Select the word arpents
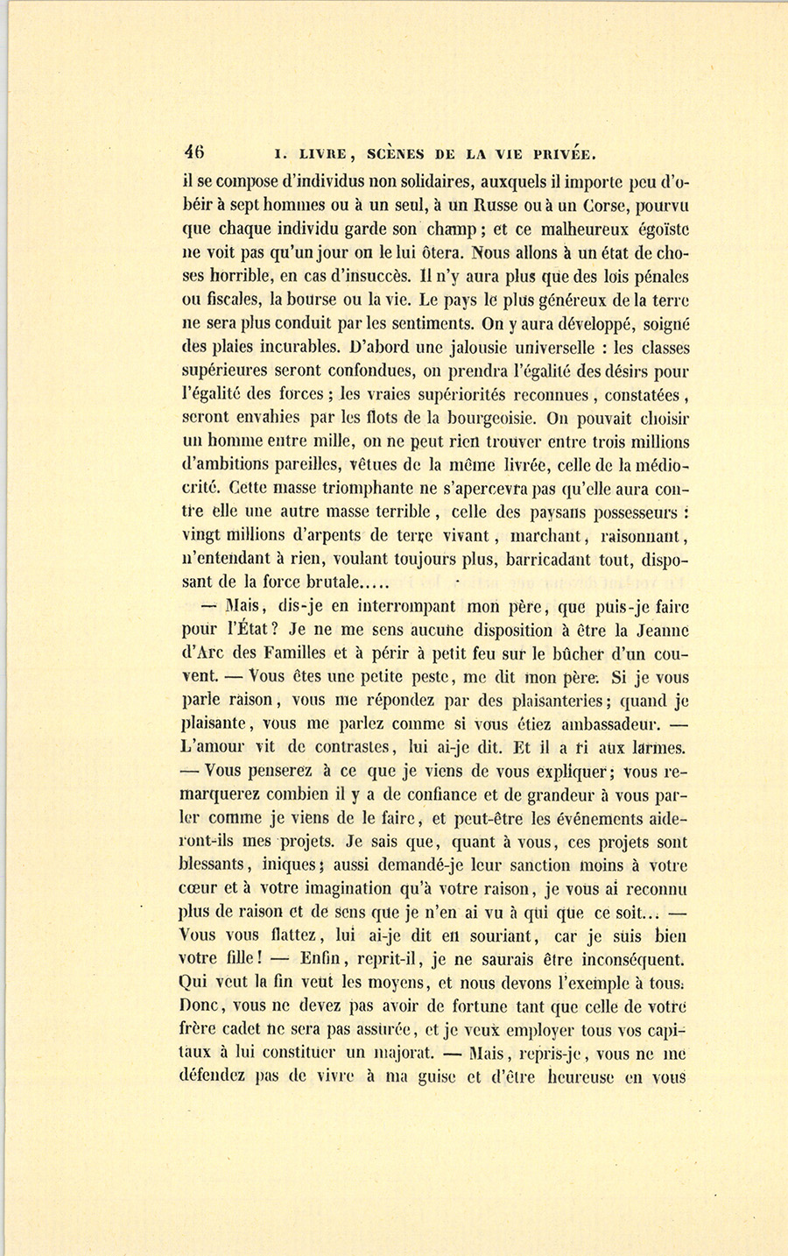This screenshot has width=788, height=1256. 329,535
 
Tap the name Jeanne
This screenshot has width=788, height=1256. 660,630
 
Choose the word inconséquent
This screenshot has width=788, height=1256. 626,961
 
